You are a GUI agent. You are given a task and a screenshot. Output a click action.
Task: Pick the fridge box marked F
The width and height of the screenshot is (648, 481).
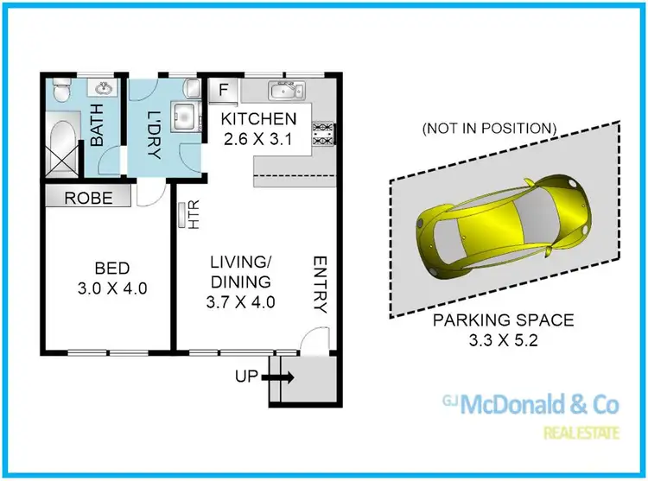tap(223, 89)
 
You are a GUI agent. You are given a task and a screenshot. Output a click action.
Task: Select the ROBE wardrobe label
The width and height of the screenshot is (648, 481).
tap(89, 198)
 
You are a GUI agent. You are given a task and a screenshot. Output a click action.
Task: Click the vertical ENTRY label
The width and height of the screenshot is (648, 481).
tap(319, 284)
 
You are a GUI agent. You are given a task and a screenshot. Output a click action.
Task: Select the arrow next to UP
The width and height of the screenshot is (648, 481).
tap(284, 377)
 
